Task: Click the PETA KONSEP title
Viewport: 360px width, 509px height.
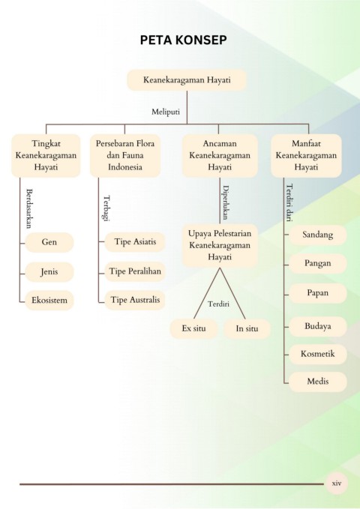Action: tap(183, 40)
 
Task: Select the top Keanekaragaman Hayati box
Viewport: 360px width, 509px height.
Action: tap(187, 80)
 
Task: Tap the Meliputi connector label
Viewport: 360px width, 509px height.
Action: tap(166, 112)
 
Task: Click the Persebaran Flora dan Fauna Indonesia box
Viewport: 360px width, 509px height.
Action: tap(125, 155)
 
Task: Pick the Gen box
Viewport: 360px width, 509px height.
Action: tap(49, 242)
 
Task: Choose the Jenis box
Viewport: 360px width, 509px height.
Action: tap(49, 271)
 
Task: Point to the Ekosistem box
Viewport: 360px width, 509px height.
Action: tap(49, 301)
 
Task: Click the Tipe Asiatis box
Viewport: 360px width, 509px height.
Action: tap(135, 242)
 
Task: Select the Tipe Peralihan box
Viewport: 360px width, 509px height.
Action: tap(135, 271)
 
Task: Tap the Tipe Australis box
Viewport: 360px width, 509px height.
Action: tap(135, 300)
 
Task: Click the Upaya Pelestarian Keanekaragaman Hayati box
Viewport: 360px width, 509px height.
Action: tap(220, 245)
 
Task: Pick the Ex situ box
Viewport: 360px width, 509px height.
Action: tap(194, 328)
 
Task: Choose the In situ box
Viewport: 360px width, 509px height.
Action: tap(247, 328)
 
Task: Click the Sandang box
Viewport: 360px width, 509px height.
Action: tap(318, 235)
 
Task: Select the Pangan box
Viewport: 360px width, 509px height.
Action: tap(318, 263)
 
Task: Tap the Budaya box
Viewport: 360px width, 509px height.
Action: tap(318, 326)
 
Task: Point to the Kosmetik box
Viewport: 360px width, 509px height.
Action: tap(318, 354)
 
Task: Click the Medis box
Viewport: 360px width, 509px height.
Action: tap(318, 382)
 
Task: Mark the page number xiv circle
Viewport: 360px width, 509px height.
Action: tap(337, 484)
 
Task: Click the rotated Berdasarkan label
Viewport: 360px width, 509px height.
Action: tap(29, 208)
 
